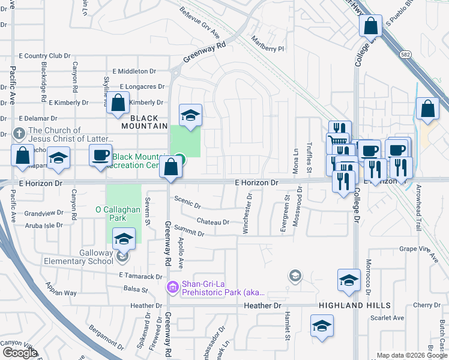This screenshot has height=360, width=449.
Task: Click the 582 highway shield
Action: click(406, 55)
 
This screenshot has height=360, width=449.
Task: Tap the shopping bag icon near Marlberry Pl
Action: click(370, 26)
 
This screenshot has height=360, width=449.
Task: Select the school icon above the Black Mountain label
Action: click(190, 115)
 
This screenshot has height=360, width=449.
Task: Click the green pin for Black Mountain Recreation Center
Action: click(179, 160)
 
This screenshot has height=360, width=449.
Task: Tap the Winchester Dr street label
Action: click(246, 214)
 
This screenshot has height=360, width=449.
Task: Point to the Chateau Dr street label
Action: click(213, 222)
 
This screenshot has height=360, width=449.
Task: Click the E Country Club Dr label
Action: click(44, 56)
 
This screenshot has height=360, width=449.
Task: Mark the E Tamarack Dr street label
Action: click(141, 275)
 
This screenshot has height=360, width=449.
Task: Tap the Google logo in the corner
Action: click(20, 353)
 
